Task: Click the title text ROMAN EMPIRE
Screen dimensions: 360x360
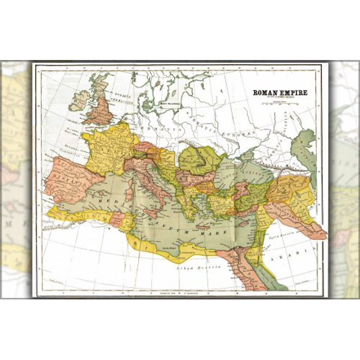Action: (279, 92)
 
